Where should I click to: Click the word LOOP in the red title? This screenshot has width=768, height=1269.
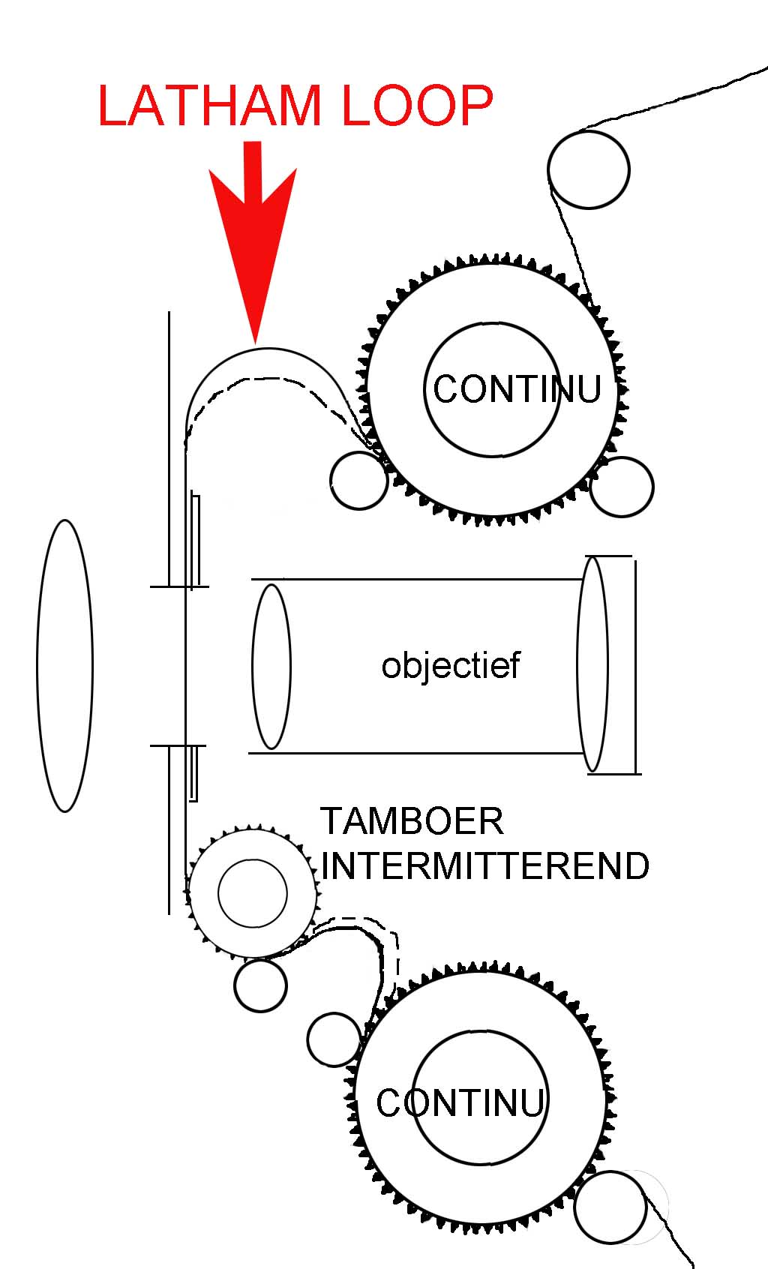pos(418,106)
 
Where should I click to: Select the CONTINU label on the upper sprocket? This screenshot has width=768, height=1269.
pos(517,389)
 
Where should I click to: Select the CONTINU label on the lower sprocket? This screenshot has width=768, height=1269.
pos(460,1103)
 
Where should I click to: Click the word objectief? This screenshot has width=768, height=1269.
pos(450,665)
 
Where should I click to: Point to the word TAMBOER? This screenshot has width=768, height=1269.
pos(412,821)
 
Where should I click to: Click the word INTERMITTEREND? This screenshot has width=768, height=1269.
pos(486,866)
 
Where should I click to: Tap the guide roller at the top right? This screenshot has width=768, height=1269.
pos(588,169)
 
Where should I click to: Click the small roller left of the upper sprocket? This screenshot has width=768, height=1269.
pos(359,481)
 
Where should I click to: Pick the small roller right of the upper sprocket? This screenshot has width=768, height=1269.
pos(622,486)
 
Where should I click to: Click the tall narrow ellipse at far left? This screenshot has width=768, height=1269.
pos(64,665)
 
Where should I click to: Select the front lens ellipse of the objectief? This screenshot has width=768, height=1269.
pos(271,667)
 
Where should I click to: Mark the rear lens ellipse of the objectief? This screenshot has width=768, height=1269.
pos(592,664)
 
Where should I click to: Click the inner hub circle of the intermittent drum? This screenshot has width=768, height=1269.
pos(252,892)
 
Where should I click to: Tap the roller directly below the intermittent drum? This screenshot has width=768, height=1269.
pos(260,985)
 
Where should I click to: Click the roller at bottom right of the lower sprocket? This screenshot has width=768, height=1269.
pos(610,1207)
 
